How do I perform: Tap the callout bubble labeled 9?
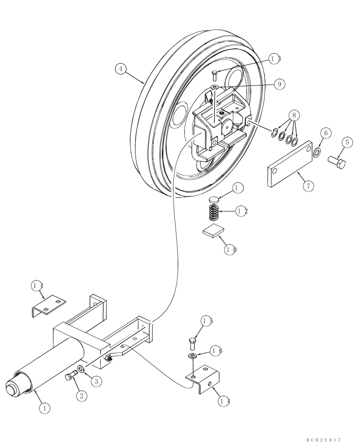point(279,84)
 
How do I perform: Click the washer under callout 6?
point(317,153)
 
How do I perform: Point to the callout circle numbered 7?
point(309,186)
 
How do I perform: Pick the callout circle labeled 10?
point(231,249)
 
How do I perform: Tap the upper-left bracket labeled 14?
point(49,304)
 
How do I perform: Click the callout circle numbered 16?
point(216,351)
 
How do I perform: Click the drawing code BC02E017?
point(324,439)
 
